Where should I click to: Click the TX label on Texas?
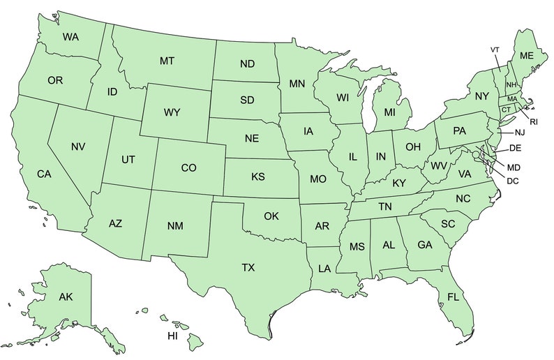pos(248,267)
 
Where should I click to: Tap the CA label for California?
pos(44,174)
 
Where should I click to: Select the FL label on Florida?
pos(454,297)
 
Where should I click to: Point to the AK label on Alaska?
pos(66,297)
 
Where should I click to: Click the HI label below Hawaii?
pos(172,336)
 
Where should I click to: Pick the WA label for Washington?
pos(70,36)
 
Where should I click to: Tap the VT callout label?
pos(495,50)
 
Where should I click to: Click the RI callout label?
pos(534,121)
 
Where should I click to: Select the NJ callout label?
pos(520,133)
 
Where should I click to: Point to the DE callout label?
pos(516,148)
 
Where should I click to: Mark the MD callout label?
pos(514,167)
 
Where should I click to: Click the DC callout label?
pos(513,181)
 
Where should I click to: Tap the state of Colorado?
pos(188,167)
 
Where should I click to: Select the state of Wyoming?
pos(172,112)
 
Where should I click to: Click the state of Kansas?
pos(258,177)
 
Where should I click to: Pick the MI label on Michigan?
pos(389,112)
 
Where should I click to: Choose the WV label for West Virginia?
pos(438,166)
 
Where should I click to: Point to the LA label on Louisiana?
pos(325,269)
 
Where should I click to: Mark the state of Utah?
pos(128,159)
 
